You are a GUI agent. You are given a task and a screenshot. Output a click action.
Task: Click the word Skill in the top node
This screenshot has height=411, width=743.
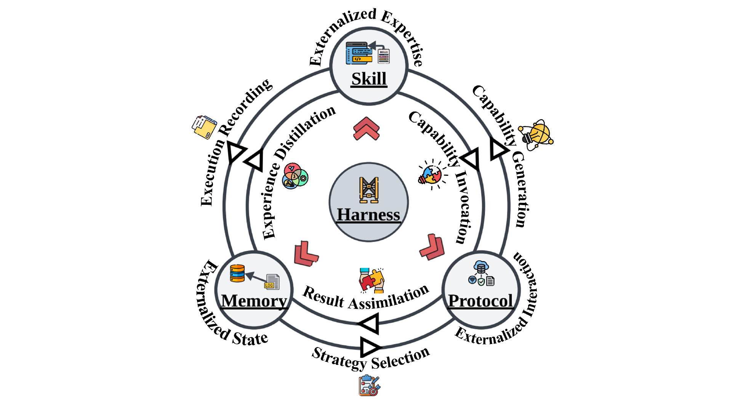369,79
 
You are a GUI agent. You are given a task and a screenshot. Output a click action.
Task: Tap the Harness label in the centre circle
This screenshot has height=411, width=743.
368,215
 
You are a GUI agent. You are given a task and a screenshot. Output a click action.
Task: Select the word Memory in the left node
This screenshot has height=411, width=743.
254,301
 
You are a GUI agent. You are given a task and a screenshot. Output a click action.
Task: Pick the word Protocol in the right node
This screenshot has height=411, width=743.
480,301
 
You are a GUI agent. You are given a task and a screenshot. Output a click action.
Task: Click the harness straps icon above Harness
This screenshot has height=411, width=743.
369,190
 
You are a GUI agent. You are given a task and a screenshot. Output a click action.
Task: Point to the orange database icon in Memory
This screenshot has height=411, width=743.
237,273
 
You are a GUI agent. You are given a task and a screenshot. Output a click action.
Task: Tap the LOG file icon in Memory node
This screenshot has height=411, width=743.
272,282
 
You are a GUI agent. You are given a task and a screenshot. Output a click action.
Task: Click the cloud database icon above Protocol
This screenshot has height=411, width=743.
481,267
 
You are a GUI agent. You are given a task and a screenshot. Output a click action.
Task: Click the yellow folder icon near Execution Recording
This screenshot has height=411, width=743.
205,127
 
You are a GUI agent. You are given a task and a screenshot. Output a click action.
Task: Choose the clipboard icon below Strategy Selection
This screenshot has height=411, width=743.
369,386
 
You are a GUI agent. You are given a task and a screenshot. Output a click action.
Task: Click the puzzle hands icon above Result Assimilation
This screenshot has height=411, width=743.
371,280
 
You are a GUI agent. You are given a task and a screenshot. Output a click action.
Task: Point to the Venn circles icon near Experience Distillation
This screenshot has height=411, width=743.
295,176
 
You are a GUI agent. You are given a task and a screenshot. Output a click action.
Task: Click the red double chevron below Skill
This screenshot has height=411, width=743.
366,129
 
